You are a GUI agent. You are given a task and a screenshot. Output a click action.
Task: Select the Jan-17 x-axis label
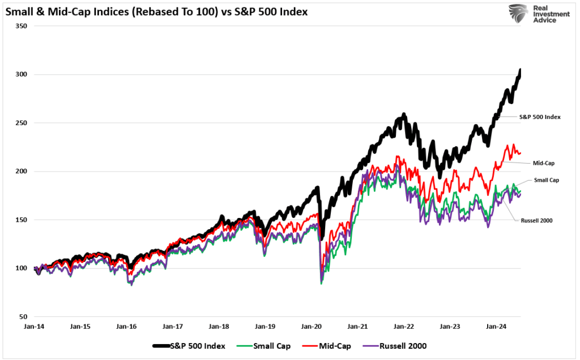point(173,327)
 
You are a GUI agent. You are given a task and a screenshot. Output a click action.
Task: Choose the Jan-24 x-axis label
point(497,327)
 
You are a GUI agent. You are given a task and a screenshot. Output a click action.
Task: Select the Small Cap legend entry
point(271,346)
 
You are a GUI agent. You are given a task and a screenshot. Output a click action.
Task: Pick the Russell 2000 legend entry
point(402,346)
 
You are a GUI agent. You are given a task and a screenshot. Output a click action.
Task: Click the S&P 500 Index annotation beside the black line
point(540,117)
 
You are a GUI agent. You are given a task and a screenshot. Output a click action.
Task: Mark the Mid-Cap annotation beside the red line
point(544,163)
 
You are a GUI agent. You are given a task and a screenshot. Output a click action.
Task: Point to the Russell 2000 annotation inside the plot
point(536,220)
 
